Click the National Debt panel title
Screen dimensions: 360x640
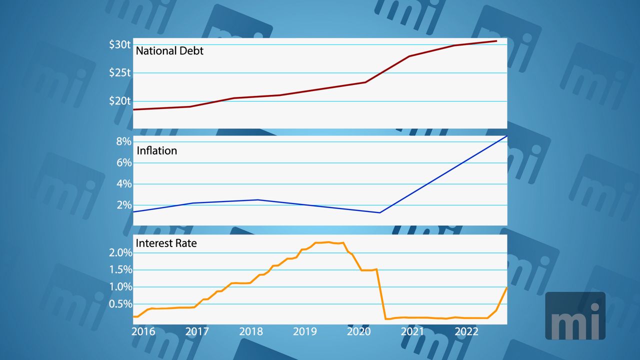[x=170, y=50]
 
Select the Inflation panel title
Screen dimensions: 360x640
[x=157, y=150]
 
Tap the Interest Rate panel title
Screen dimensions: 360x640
[x=166, y=243]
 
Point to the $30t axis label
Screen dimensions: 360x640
[x=120, y=44]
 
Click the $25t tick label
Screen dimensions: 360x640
[x=120, y=73]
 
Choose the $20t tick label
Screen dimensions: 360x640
[x=120, y=101]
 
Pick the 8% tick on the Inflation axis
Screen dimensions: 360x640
[x=123, y=141]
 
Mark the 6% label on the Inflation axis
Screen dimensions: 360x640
[x=123, y=162]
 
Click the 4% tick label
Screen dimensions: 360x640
[x=123, y=184]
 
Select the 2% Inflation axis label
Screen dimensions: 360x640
[x=123, y=205]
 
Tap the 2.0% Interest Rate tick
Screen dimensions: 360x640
[x=120, y=253]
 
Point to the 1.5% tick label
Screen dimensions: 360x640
[x=120, y=270]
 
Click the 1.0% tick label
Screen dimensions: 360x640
[x=120, y=287]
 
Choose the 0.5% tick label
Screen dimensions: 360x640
[x=120, y=304]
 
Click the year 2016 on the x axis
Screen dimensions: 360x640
[x=143, y=331]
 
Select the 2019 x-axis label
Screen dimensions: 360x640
[x=305, y=331]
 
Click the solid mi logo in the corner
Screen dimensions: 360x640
[x=575, y=316]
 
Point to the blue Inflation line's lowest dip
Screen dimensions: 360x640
[x=380, y=212]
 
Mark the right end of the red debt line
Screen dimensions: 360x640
[x=496, y=41]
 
